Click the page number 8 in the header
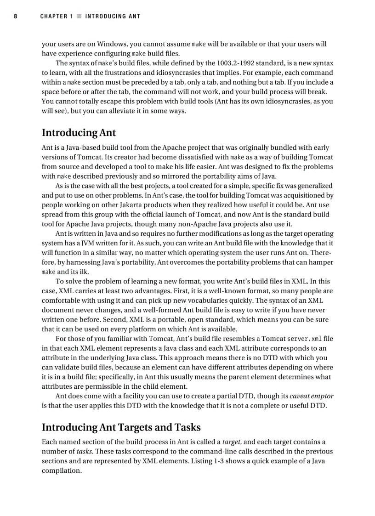(x=15, y=17)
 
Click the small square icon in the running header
(x=79, y=17)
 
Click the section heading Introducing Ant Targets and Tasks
(x=121, y=427)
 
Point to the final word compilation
(x=62, y=471)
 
